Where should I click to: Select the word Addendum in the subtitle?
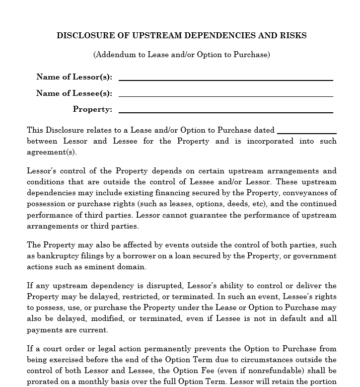tap(113, 55)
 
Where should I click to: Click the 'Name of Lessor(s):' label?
tap(74, 77)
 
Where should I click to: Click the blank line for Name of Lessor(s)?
tap(225, 78)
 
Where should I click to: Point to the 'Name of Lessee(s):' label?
tap(74, 93)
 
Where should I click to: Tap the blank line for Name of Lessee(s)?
tap(225, 95)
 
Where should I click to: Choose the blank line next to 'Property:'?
tap(225, 111)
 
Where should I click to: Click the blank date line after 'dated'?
tap(306, 132)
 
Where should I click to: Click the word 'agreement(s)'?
tap(52, 152)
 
